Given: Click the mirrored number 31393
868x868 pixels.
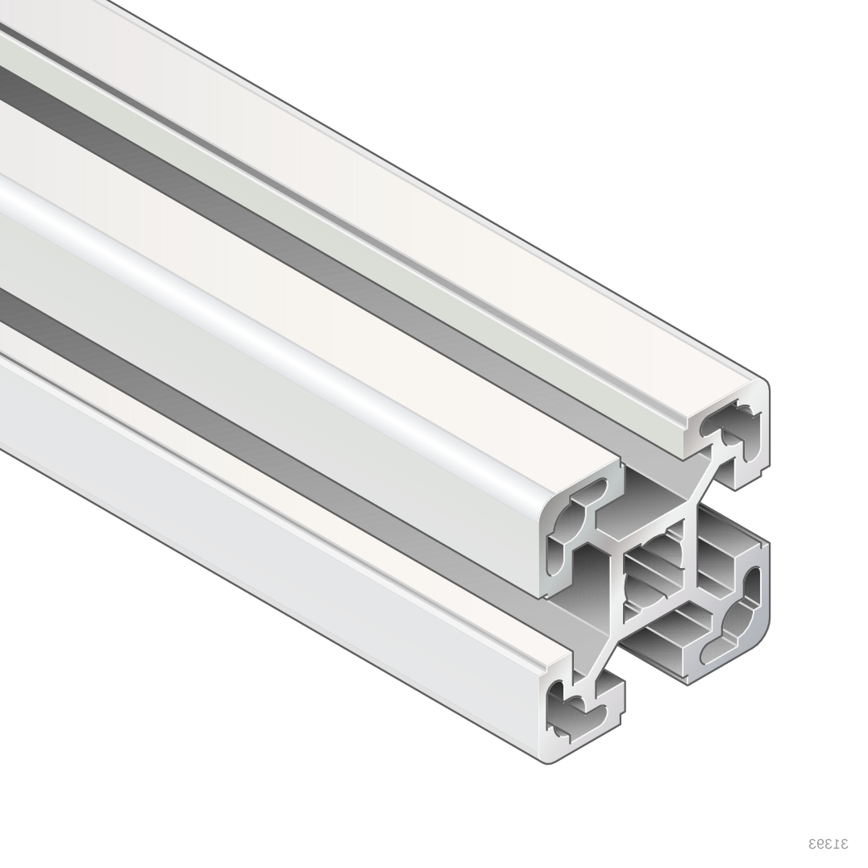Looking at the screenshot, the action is [x=829, y=844].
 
